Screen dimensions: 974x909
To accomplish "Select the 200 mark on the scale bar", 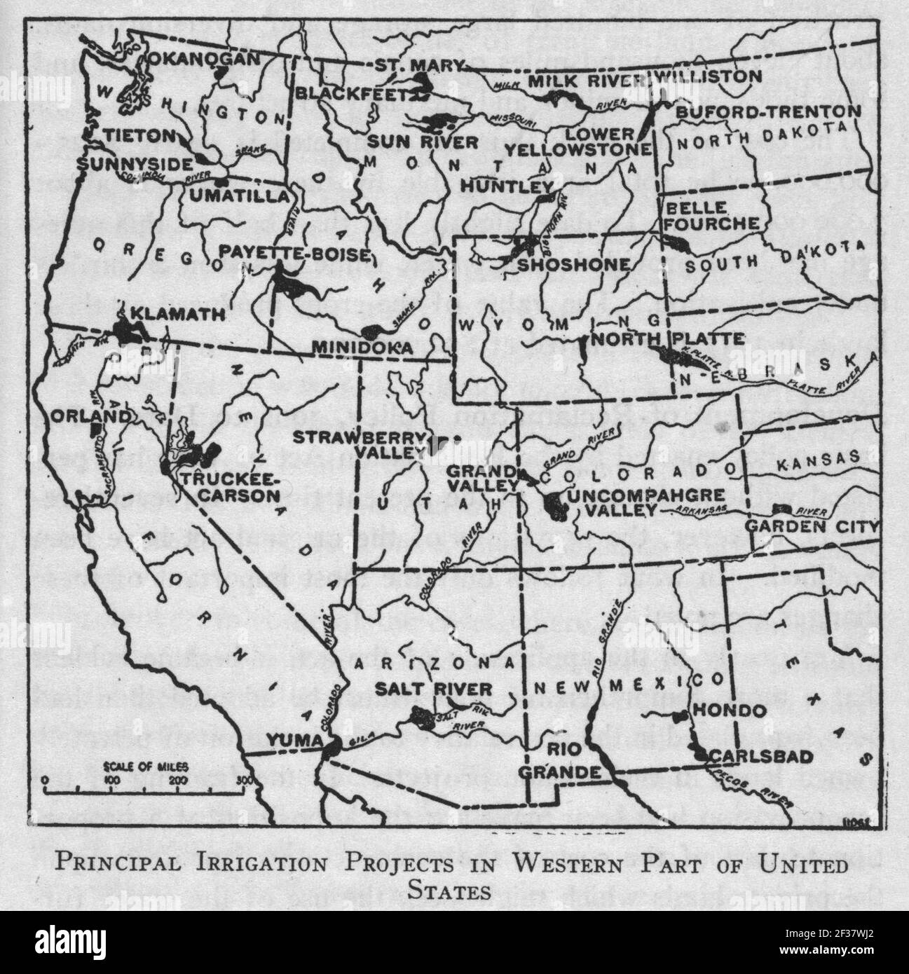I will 178,779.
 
